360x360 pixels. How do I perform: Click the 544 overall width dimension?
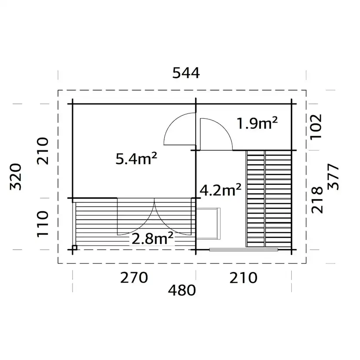tap(186, 73)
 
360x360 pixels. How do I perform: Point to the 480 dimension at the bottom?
tap(183, 290)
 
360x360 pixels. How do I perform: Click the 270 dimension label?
tap(134, 277)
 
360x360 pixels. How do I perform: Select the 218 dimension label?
tap(317, 200)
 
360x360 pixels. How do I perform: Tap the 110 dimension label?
tap(43, 223)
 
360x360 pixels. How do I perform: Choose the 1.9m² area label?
tap(257, 124)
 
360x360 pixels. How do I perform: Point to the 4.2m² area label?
tap(220, 190)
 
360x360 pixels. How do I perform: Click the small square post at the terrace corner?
tap(75, 248)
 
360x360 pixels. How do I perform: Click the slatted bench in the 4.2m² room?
tap(269, 198)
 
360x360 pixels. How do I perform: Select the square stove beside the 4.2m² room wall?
tap(208, 223)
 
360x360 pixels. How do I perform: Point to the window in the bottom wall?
tap(243, 250)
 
